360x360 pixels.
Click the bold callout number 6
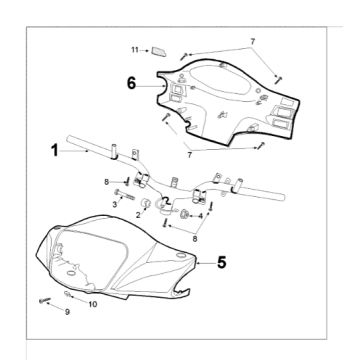pyautogui.click(x=132, y=83)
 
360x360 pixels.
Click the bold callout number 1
pyautogui.click(x=55, y=150)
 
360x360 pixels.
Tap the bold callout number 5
pyautogui.click(x=222, y=262)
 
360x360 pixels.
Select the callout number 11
pyautogui.click(x=135, y=50)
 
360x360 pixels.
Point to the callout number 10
pyautogui.click(x=93, y=304)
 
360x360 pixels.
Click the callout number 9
pyautogui.click(x=67, y=312)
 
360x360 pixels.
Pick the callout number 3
pyautogui.click(x=115, y=204)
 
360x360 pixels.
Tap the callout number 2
pyautogui.click(x=138, y=215)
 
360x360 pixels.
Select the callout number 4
pyautogui.click(x=200, y=216)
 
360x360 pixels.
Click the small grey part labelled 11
pyautogui.click(x=158, y=51)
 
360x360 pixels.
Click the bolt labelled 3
pyautogui.click(x=124, y=194)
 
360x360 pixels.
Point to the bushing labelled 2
pyautogui.click(x=146, y=203)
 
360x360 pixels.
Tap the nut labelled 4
pyautogui.click(x=184, y=214)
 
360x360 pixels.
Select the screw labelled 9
pyautogui.click(x=44, y=300)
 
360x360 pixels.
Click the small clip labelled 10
pyautogui.click(x=67, y=294)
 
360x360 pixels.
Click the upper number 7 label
pyautogui.click(x=253, y=42)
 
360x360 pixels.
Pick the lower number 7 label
pyautogui.click(x=190, y=155)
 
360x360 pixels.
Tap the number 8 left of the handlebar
pyautogui.click(x=106, y=182)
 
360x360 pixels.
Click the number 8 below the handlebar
pyautogui.click(x=195, y=239)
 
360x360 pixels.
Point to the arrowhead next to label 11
pyautogui.click(x=147, y=50)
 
